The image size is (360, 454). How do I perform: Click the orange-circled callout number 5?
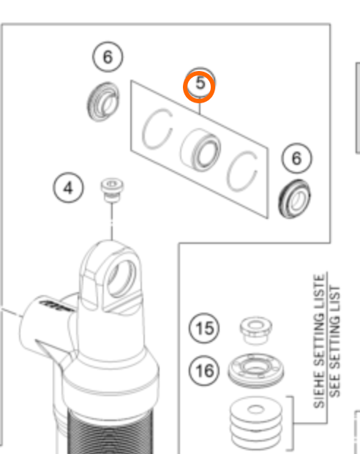click(199, 84)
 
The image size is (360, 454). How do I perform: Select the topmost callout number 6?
click(108, 59)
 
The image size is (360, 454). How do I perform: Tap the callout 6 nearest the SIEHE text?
click(297, 158)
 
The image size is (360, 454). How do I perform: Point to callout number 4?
click(68, 189)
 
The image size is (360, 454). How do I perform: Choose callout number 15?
click(206, 330)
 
